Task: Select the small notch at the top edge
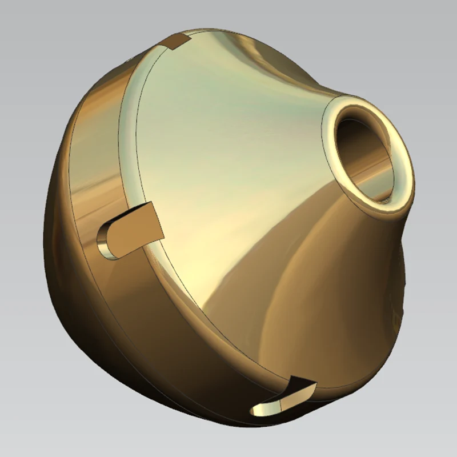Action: (177, 41)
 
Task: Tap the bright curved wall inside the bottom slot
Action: (266, 407)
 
